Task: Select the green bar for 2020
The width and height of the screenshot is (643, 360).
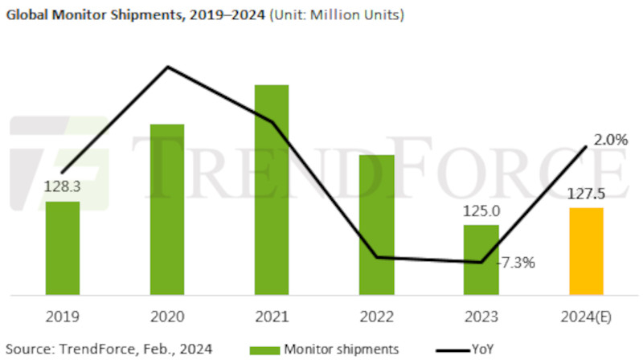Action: (167, 209)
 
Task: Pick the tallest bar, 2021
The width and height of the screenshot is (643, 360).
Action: (271, 189)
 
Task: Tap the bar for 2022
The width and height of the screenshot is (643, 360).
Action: (376, 224)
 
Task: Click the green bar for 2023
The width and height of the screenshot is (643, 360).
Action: (481, 259)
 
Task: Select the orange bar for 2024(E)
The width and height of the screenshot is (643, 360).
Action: (585, 251)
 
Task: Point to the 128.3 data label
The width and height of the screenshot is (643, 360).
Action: (62, 187)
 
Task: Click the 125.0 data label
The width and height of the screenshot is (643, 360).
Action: (481, 211)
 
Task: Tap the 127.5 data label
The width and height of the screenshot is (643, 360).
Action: (585, 194)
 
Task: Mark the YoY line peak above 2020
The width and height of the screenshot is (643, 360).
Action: (167, 67)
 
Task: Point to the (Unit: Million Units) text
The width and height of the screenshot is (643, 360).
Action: (336, 14)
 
